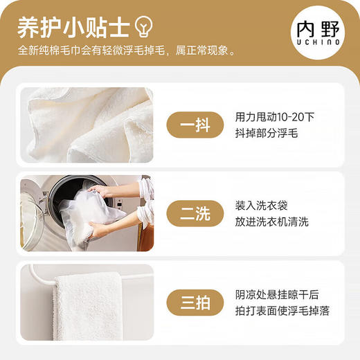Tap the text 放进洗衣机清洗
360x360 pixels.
tap(271, 222)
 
